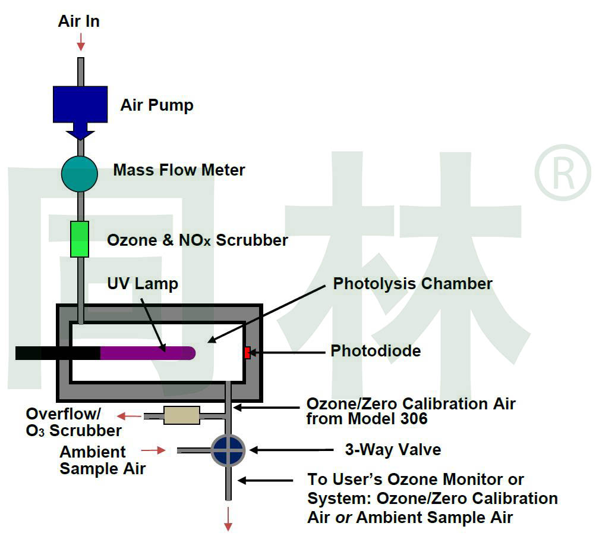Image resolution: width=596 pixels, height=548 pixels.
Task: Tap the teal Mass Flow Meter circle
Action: [x=79, y=174]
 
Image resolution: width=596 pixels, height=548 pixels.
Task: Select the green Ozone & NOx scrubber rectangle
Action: [x=79, y=239]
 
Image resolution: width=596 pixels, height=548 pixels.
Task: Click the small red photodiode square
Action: [x=247, y=353]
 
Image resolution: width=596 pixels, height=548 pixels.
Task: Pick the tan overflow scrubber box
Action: [x=182, y=415]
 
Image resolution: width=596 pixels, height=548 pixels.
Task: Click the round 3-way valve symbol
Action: [x=228, y=450]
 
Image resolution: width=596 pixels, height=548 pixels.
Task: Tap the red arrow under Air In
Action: [x=80, y=42]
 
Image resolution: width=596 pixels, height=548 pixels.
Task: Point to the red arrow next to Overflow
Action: [x=133, y=416]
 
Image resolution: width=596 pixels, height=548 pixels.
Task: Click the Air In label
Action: [x=78, y=21]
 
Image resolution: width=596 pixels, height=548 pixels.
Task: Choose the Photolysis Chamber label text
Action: [x=412, y=283]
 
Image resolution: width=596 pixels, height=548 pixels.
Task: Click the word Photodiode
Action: [x=376, y=351]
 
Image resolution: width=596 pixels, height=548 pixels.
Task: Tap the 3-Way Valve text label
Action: [x=393, y=449]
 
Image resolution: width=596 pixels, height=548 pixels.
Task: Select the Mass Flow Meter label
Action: [x=179, y=170]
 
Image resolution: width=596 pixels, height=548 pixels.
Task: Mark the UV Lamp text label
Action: [x=142, y=283]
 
